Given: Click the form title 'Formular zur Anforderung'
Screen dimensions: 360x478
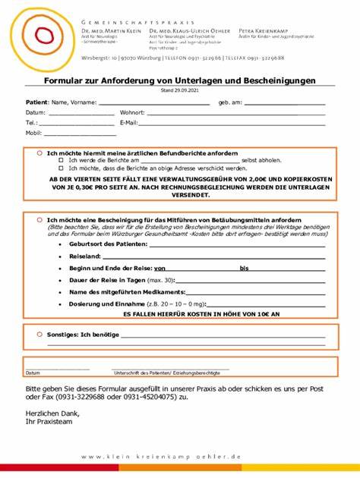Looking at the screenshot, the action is click(x=179, y=80).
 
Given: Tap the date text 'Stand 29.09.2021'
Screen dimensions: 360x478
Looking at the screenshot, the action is click(x=179, y=90).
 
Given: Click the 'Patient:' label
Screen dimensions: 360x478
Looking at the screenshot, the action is click(x=37, y=102).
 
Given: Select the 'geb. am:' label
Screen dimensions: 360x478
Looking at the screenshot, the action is click(x=230, y=102).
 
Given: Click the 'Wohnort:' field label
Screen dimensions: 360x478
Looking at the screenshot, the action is click(x=132, y=112).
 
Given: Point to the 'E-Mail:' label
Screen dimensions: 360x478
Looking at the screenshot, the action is click(x=128, y=122).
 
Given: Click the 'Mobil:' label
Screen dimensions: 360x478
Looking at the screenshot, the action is click(x=33, y=133).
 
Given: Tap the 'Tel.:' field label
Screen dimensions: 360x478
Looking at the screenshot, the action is click(x=31, y=122).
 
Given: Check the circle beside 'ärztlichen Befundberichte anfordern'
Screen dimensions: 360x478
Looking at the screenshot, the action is click(x=39, y=153).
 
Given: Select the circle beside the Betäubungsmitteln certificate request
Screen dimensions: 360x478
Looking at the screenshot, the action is click(x=39, y=219).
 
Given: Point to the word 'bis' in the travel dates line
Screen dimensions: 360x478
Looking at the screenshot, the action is click(x=244, y=268).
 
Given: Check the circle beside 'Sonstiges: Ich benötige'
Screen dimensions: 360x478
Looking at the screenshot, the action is click(x=39, y=334).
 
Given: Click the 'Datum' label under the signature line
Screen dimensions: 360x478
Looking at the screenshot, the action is click(x=33, y=373).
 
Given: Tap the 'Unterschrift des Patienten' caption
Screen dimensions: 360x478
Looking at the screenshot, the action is click(x=172, y=373).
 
